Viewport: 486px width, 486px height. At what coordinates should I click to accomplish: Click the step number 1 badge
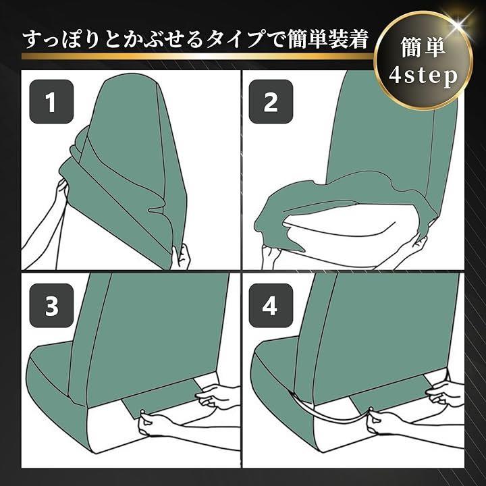point(51,102)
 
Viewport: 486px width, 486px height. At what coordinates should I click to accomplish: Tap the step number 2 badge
point(271,102)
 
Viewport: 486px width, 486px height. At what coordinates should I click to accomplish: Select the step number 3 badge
point(51,306)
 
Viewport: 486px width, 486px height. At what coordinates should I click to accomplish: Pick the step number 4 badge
point(271,306)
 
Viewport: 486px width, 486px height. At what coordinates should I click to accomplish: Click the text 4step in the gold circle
point(423,76)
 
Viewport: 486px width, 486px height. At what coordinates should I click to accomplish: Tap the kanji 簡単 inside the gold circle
point(423,47)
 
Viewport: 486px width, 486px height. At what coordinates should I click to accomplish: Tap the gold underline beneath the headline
point(198,56)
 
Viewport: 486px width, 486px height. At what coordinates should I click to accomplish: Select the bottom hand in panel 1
point(182,256)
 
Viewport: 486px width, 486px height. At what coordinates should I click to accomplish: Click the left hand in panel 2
point(272,256)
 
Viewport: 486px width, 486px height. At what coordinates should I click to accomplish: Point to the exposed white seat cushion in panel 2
point(341,230)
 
